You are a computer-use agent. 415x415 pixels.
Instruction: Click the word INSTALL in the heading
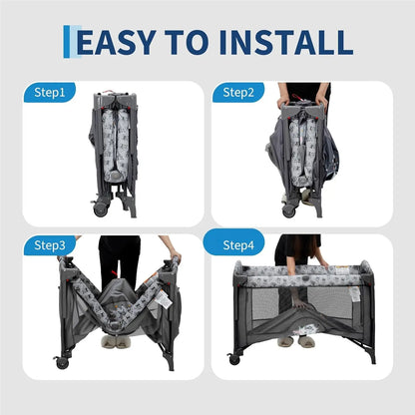point(286,42)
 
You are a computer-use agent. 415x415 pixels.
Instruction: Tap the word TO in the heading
point(188,42)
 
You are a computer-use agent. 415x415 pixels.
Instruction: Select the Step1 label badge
point(50,92)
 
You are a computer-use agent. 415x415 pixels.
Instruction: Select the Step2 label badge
point(238,92)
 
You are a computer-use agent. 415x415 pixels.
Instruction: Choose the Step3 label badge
point(50,245)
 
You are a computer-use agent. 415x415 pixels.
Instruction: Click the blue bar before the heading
point(67,42)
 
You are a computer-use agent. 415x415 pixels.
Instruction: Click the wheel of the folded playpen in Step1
point(101,208)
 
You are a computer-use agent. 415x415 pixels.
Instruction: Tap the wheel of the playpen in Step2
point(289,210)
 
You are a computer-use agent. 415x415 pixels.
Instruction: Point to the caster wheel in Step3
point(62,362)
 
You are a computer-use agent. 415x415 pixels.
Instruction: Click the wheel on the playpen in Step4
point(234,359)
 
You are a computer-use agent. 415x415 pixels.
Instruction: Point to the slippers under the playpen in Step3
point(115,342)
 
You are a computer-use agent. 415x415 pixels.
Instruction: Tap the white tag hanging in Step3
point(164,298)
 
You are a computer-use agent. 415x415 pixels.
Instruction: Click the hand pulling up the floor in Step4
point(300,303)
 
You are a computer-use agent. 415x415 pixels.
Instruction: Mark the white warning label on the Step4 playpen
point(354,294)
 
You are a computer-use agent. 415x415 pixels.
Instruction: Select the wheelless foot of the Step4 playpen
point(373,359)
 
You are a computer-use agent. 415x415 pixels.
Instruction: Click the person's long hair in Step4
point(303,245)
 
